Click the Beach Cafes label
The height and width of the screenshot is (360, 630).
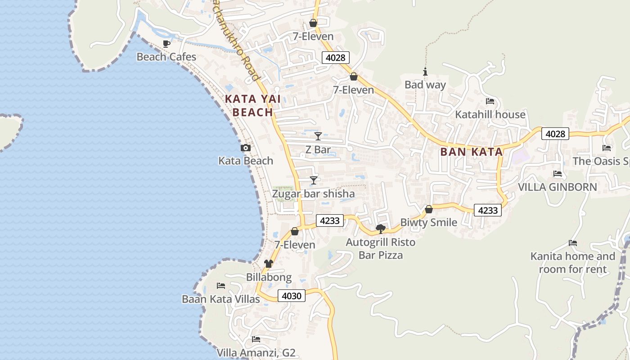[166, 57]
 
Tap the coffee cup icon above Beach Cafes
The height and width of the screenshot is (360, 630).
[166, 44]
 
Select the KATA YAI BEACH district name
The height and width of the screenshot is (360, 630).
[252, 106]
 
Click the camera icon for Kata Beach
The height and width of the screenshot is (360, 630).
[246, 148]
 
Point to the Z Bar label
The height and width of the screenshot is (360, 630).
[318, 149]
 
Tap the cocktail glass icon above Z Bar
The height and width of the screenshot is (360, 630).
[318, 136]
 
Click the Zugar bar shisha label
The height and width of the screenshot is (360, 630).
[313, 194]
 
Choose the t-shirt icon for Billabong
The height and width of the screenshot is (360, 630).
[269, 264]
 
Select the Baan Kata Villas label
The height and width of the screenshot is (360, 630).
[220, 299]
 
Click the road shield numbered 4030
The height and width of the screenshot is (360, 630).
[292, 296]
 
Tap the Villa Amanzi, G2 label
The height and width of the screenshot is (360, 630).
[256, 352]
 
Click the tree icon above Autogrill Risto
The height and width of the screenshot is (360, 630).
[380, 229]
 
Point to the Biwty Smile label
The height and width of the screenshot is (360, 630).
[428, 222]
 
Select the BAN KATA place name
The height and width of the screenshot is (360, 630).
[471, 152]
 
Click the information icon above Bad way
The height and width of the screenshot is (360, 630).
[425, 72]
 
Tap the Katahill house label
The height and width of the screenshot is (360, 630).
[490, 114]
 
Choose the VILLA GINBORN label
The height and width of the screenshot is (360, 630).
[558, 187]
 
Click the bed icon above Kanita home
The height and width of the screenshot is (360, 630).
[572, 243]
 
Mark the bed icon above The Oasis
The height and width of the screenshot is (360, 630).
[607, 148]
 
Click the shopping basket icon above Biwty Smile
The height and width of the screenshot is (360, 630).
[429, 209]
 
